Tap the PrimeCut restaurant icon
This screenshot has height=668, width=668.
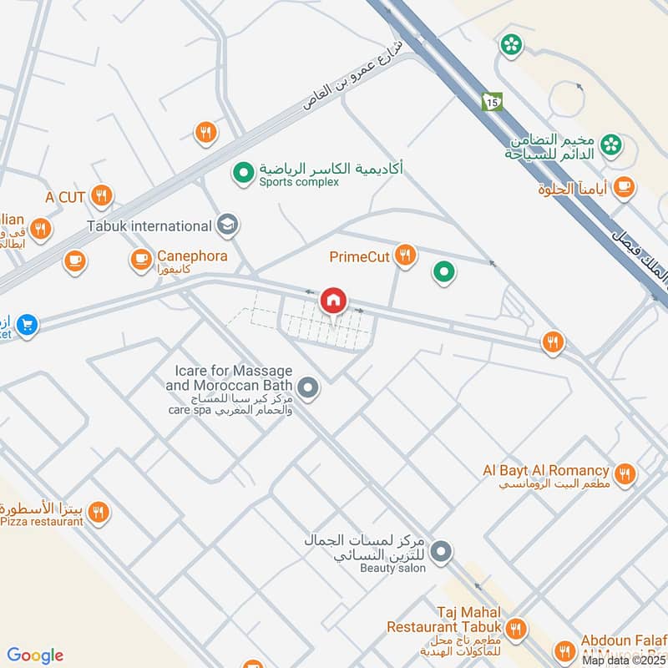pyautogui.click(x=406, y=256)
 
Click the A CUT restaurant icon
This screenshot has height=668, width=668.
pyautogui.click(x=102, y=196)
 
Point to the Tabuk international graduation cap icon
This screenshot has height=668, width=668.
pyautogui.click(x=226, y=225)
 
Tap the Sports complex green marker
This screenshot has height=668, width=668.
pyautogui.click(x=243, y=174)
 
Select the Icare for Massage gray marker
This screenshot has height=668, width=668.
pyautogui.click(x=308, y=388)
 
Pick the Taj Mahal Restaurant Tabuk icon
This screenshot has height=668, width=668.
pyautogui.click(x=516, y=628)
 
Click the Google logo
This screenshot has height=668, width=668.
pyautogui.click(x=35, y=655)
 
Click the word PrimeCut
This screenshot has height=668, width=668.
pyautogui.click(x=359, y=256)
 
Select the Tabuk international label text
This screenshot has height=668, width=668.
pyautogui.click(x=149, y=226)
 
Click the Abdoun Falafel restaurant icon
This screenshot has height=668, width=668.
pyautogui.click(x=565, y=650)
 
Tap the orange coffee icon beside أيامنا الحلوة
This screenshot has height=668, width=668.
pyautogui.click(x=623, y=190)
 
